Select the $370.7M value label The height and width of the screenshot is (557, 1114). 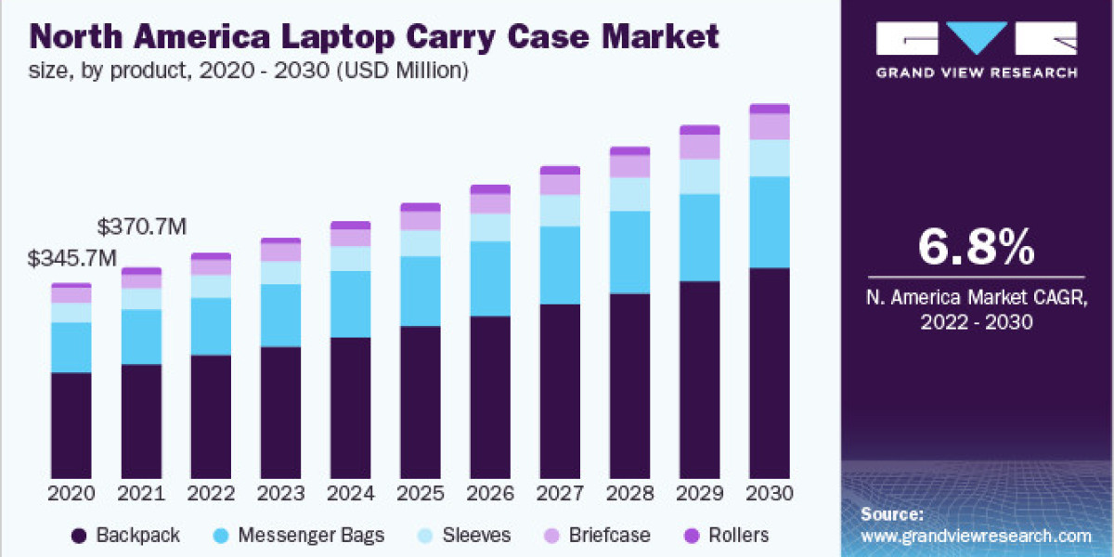tap(142, 226)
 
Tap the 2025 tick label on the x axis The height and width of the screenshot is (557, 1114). tap(420, 492)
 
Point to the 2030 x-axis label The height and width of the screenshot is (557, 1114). tap(769, 492)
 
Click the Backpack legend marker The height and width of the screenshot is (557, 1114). tap(79, 536)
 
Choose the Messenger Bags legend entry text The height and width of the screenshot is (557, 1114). tap(311, 536)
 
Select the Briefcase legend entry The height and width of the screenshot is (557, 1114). tap(598, 536)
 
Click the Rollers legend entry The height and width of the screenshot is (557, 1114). tap(727, 536)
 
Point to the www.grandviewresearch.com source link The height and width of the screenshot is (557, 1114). tap(976, 536)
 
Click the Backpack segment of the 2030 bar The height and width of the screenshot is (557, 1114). tap(769, 372)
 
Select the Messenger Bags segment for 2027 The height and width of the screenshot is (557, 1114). tap(560, 265)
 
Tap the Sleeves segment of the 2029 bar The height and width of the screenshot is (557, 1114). tap(699, 176)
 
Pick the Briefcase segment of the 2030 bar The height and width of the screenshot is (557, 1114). tap(769, 126)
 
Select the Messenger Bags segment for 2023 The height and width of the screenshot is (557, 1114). tap(280, 316)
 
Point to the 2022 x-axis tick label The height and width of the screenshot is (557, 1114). tap(211, 492)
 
